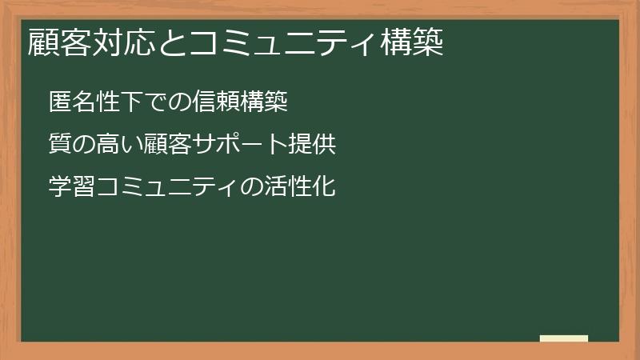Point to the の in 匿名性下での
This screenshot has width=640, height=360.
(179, 102)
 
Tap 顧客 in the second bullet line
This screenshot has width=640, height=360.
(167, 145)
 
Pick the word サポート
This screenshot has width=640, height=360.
(238, 145)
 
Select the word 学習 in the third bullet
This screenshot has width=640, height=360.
(72, 187)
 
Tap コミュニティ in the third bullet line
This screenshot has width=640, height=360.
(167, 187)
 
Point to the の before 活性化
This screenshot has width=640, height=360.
(250, 187)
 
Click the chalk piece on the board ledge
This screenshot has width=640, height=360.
(563, 338)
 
